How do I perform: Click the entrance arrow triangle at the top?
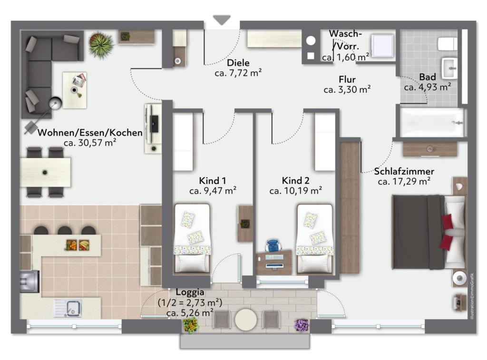tap(222, 20)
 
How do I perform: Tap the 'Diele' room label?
tap(238, 63)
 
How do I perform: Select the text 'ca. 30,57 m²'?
tap(90, 143)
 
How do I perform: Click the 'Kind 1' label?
tap(213, 180)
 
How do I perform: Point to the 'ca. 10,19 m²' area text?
tap(296, 191)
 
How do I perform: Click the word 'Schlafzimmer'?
tap(404, 171)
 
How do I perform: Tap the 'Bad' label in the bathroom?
tap(428, 77)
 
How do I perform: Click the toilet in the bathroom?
tap(448, 44)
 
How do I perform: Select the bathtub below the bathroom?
tap(432, 122)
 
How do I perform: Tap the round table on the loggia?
tap(246, 320)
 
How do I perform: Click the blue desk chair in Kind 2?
tap(273, 245)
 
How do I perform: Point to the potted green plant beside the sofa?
tap(101, 44)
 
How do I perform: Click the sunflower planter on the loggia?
tap(190, 325)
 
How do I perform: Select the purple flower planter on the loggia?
tap(301, 325)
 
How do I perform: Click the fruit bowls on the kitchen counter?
tap(78, 245)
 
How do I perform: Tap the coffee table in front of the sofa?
tap(75, 90)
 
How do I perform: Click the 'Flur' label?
tap(347, 79)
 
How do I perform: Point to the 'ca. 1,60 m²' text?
tap(345, 57)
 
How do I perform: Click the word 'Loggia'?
tap(190, 292)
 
